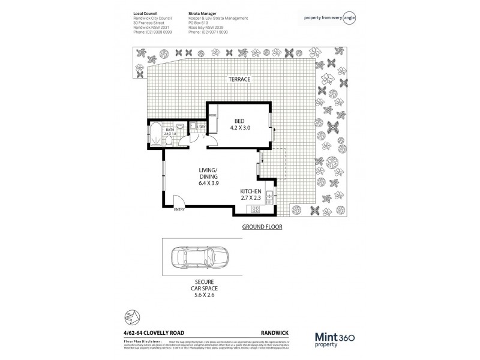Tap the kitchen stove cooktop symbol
[255, 209]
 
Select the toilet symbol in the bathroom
[170, 141]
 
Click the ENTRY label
[179, 209]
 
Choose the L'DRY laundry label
[202, 127]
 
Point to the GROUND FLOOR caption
[262, 227]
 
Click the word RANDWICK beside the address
[273, 325]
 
